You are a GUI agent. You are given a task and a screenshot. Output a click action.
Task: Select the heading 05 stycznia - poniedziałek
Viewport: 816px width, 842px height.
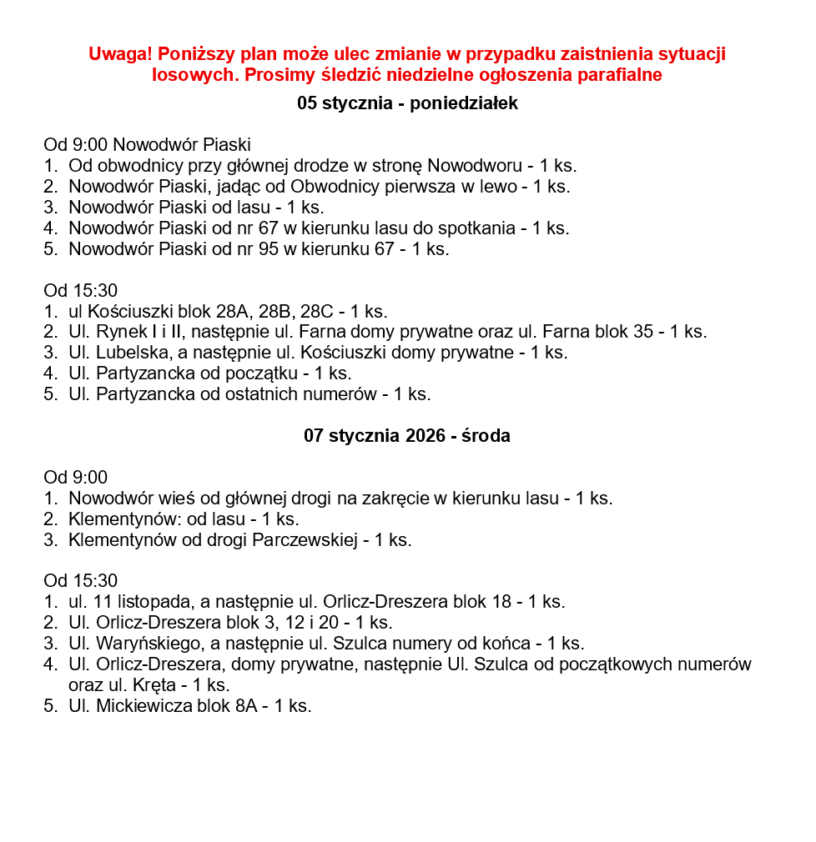pos(407,103)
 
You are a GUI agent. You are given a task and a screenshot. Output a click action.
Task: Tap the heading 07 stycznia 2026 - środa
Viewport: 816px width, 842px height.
pos(407,436)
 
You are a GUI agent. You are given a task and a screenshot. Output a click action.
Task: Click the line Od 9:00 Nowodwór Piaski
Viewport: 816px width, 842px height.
pos(147,145)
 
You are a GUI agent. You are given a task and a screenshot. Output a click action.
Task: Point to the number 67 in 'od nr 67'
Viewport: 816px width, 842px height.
pos(269,228)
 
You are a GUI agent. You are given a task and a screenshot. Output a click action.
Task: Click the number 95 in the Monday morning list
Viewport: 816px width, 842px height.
pos(269,249)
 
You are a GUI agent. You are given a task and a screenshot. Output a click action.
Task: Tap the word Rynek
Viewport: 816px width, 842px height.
pos(121,332)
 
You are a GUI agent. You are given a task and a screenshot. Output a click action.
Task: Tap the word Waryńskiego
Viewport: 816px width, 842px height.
pos(144,644)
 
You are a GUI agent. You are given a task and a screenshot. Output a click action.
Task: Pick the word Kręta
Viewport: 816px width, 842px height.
pos(155,685)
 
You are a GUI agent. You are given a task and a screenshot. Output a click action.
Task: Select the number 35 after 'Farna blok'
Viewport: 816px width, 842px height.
pos(643,332)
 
